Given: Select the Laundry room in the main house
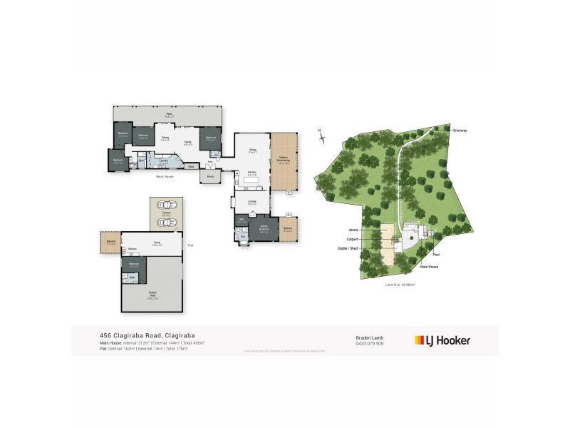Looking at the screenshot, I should point(164,163).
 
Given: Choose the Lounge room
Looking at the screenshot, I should point(252,203).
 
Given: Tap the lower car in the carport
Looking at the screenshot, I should point(165,223).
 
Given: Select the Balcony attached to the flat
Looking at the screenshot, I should point(110,243).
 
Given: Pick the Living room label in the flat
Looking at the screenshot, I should point(156,243).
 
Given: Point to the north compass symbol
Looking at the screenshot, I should point(321,138).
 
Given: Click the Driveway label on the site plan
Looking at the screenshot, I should point(459,131).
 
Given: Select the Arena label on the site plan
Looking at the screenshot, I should point(352,230).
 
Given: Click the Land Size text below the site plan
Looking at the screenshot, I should point(400,284).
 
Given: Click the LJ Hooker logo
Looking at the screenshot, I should point(442,340).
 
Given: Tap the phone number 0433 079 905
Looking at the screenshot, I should point(369,344).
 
